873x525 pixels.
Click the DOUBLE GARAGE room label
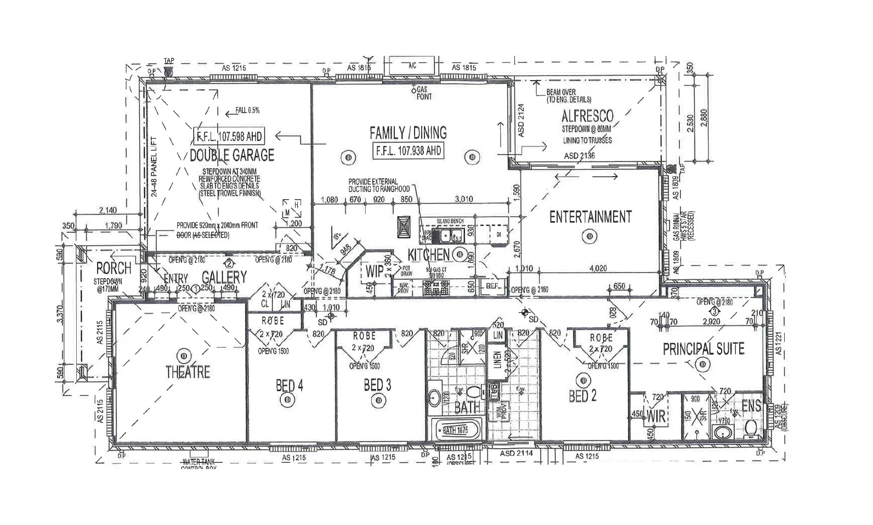click(231, 155)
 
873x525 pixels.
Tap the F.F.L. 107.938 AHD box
click(407, 151)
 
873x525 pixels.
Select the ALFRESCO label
click(587, 116)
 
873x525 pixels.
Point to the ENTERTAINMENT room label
click(590, 217)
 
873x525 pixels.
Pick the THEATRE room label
click(188, 372)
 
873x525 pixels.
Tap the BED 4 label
click(289, 386)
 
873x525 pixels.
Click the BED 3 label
click(377, 386)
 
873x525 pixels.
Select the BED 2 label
click(582, 396)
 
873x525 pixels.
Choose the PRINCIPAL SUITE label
click(704, 349)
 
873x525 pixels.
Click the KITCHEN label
click(428, 255)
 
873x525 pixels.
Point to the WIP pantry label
click(375, 271)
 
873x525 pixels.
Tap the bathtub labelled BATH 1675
click(456, 431)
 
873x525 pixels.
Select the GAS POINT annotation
click(423, 93)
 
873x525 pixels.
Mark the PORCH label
click(114, 269)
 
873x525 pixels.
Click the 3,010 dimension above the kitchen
click(464, 199)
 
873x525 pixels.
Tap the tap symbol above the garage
click(168, 71)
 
